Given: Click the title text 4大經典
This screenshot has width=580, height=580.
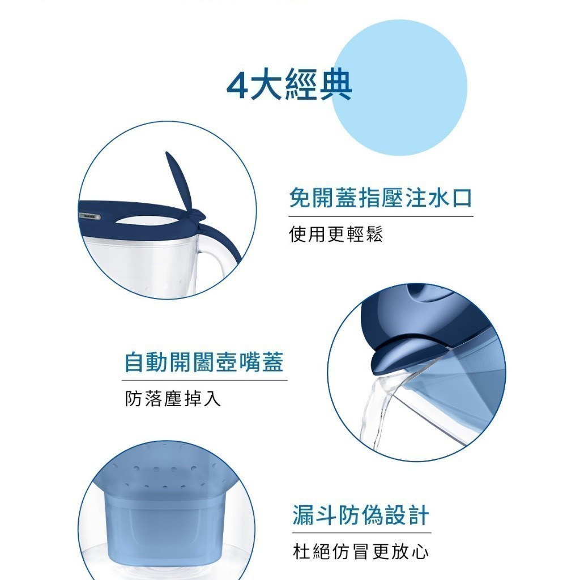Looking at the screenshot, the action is pos(289,85).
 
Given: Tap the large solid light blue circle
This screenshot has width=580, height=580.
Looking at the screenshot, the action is pos(399,88).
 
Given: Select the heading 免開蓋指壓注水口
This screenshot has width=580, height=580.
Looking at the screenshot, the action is pos(381,198).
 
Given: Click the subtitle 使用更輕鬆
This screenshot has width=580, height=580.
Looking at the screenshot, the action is pos(336,234).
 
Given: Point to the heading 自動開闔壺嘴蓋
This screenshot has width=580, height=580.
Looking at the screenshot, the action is pos(204,362).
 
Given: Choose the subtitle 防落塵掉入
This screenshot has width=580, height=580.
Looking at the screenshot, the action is pos(173,398).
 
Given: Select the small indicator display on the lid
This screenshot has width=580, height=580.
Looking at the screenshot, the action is pos(89,216).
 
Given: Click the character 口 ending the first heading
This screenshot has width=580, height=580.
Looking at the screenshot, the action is pos(462,198).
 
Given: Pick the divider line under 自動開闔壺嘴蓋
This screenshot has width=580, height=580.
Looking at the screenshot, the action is pos(204,380).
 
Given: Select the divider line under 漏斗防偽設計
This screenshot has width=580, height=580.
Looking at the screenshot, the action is pos(361,533).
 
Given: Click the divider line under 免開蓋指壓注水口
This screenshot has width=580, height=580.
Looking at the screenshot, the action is pos(381,217).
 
